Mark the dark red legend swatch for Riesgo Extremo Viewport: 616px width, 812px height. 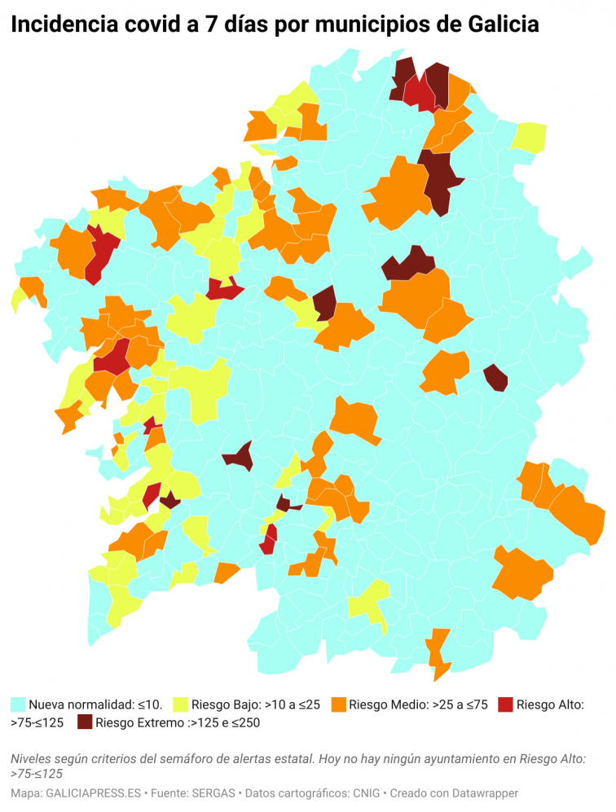(x=85, y=722)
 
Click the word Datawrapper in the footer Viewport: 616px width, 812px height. (x=481, y=793)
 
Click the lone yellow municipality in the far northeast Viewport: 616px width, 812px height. (x=529, y=136)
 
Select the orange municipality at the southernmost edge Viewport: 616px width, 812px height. (x=438, y=652)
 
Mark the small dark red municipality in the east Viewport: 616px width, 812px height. (x=495, y=377)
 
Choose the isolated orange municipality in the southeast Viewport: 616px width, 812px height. (x=521, y=573)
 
